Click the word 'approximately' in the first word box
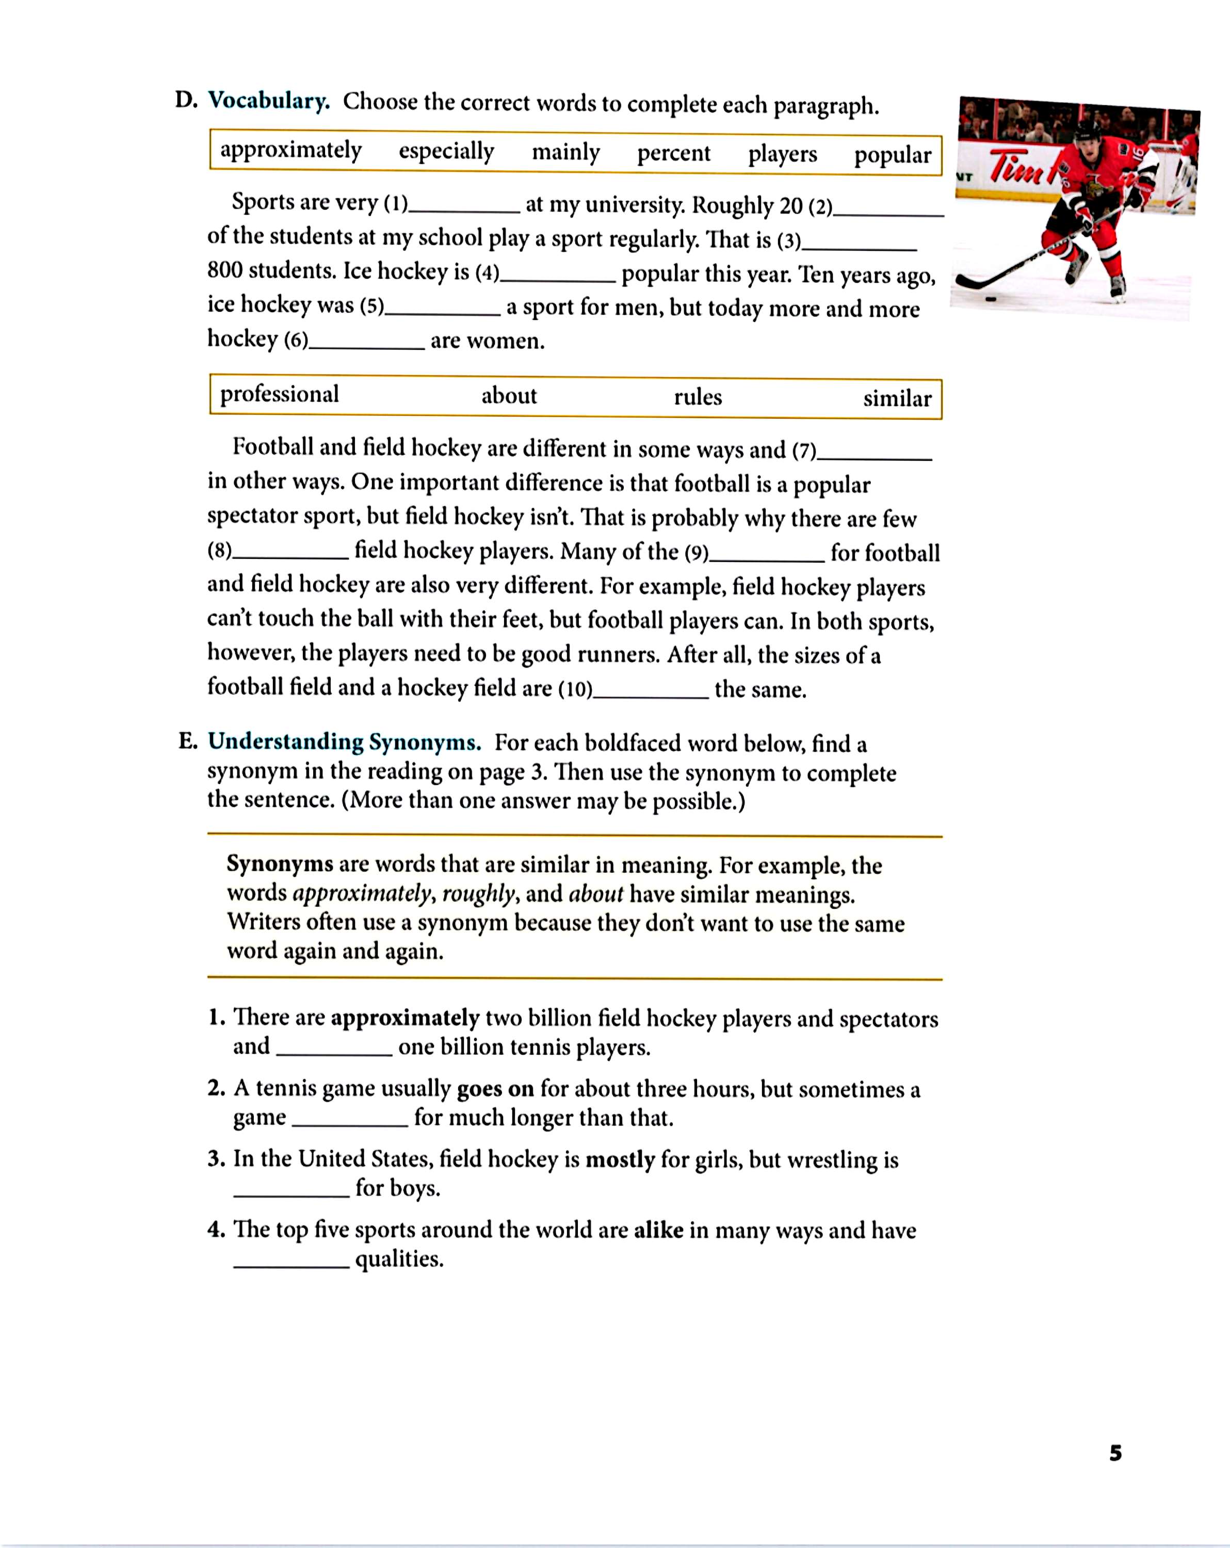pos(291,150)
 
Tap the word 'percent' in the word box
pos(673,153)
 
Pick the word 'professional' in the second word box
pos(279,394)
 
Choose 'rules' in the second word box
pos(697,397)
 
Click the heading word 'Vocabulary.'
pos(268,101)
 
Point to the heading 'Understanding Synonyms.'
pos(344,741)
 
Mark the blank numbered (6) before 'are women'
pos(366,345)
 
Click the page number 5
pos(1115,1453)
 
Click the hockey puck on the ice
pos(991,299)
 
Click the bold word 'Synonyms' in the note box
pos(279,863)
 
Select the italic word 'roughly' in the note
pos(477,893)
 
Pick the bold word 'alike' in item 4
pos(658,1230)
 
